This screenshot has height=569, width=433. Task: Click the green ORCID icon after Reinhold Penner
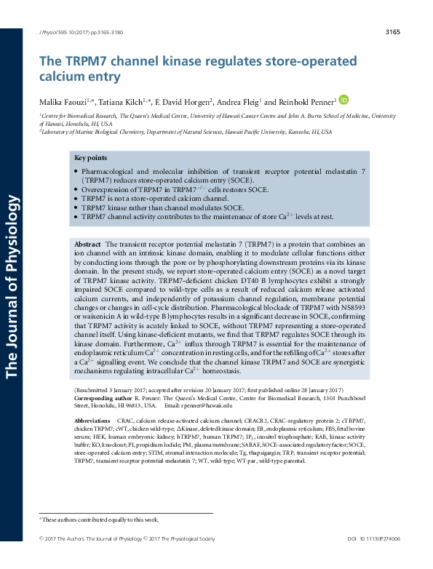pos(344,100)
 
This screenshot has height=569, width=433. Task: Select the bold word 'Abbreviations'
pos(92,421)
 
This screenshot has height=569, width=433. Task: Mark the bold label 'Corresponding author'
pos(103,399)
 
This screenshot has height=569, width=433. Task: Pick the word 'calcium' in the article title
pos(65,76)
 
